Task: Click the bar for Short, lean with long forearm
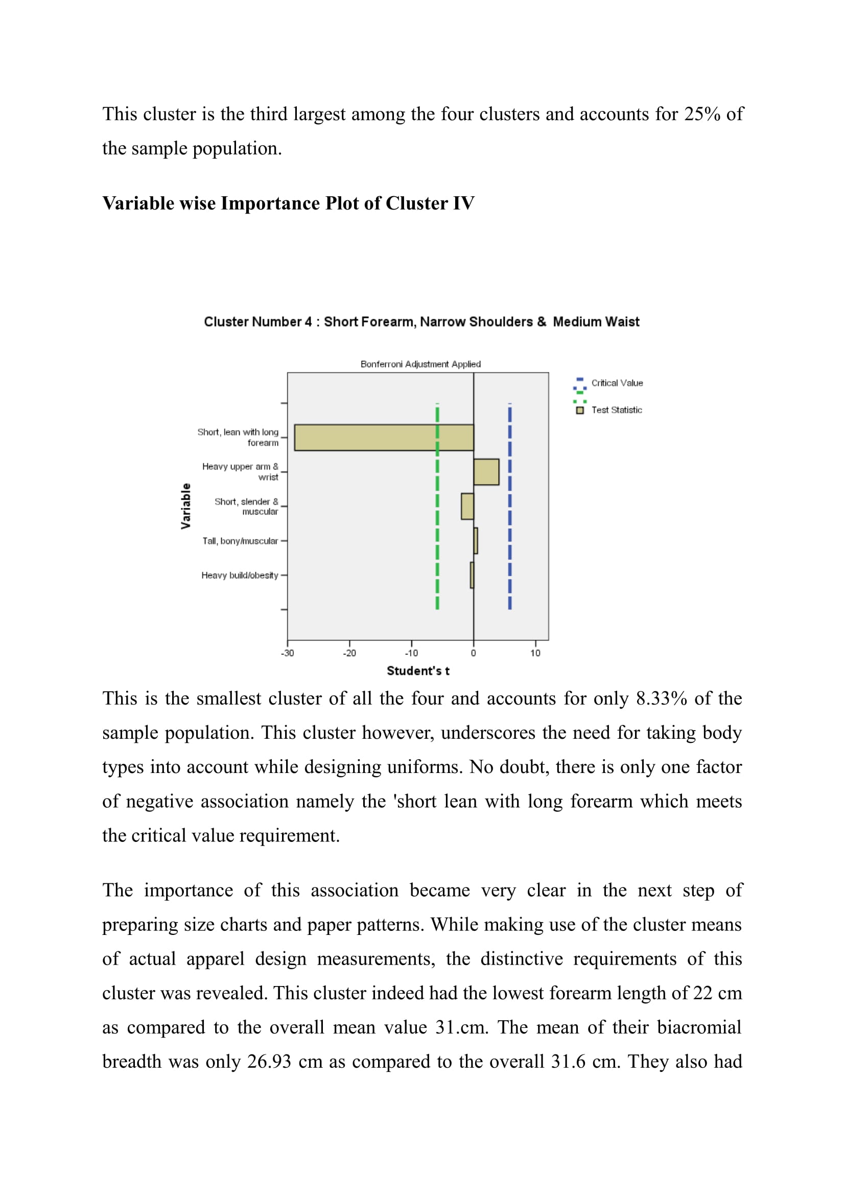pos(384,438)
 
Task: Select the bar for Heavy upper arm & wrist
pos(486,472)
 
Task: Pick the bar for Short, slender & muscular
pos(467,506)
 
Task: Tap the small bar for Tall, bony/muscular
pos(476,541)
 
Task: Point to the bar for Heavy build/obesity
pos(472,575)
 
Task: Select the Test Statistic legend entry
pos(616,410)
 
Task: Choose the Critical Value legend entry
pos(617,383)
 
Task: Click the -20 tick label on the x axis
pos(349,653)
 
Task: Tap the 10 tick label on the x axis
pos(535,653)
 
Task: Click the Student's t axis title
pos(418,671)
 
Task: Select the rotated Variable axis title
pos(186,506)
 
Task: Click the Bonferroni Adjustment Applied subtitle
pos(420,364)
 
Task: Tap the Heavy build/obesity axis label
pos(240,575)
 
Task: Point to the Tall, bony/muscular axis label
pos(240,541)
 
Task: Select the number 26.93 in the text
pos(269,1062)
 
